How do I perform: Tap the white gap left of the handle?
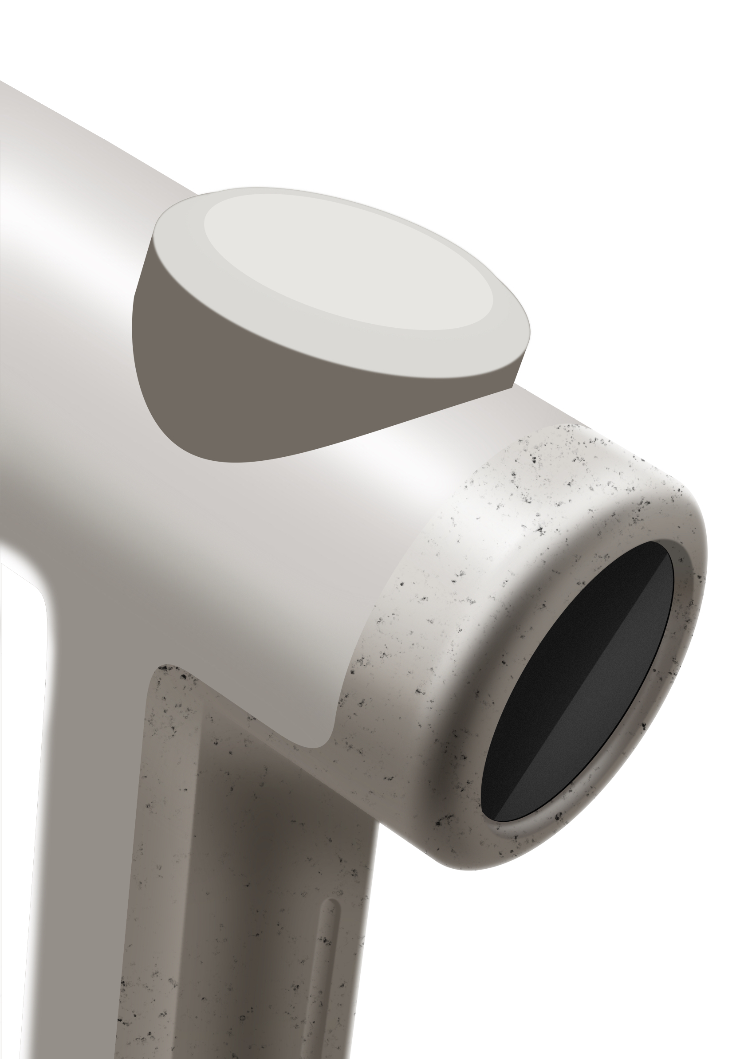click(x=19, y=784)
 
